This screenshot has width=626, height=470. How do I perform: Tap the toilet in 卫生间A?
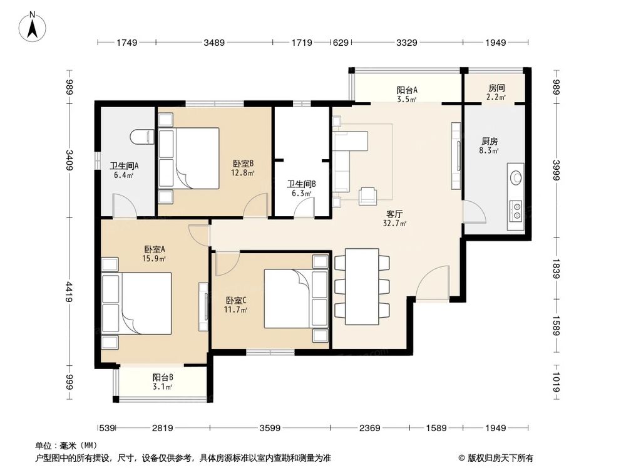point(140,136)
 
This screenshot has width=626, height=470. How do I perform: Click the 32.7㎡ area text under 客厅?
point(395,223)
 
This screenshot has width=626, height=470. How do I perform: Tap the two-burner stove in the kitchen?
point(516,210)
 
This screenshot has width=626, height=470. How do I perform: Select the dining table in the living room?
point(362,286)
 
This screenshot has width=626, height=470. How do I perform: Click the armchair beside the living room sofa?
point(367,196)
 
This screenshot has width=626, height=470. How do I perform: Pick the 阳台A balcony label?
point(407,90)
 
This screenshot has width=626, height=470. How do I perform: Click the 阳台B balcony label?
point(163,377)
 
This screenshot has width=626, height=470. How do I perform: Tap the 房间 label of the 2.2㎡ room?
point(496,88)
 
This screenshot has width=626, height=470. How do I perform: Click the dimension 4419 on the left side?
point(71,292)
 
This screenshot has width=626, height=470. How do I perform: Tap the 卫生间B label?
point(301,184)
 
